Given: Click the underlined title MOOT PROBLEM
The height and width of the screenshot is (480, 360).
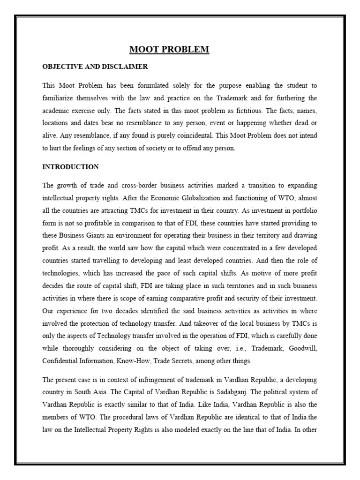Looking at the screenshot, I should (x=169, y=49).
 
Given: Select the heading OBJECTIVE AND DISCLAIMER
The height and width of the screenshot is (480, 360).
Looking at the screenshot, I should (x=95, y=67).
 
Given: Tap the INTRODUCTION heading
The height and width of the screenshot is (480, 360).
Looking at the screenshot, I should (x=70, y=166).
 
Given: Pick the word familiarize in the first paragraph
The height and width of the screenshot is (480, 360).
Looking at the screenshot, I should (x=59, y=98).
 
